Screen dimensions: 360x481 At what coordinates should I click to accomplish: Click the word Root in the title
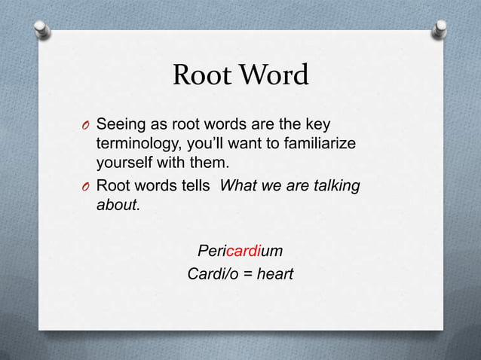198,76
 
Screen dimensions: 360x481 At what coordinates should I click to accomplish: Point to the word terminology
136,144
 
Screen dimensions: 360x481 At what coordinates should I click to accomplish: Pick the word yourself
124,163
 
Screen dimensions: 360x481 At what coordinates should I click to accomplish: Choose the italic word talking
336,185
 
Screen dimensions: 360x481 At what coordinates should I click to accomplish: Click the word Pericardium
240,249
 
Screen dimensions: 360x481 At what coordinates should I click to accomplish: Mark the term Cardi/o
212,274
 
